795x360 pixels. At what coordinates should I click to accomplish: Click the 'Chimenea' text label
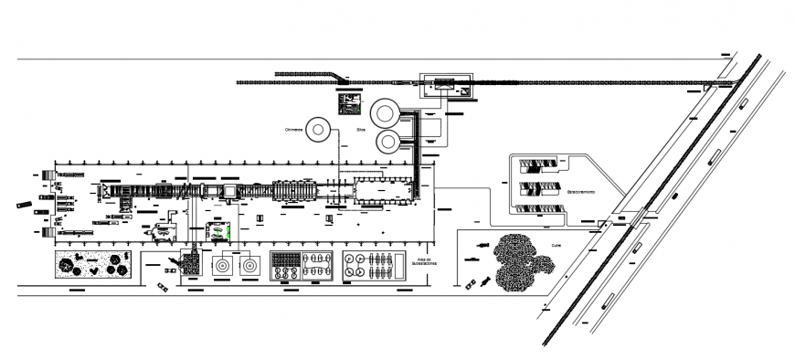coord(297,130)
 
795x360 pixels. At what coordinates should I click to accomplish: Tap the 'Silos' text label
coord(361,131)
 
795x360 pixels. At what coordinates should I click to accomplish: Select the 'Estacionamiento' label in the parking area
coord(581,192)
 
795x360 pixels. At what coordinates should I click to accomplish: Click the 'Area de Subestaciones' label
coord(423,261)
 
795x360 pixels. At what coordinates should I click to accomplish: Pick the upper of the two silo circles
coord(384,113)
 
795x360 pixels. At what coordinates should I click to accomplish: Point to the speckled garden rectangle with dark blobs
coord(95,265)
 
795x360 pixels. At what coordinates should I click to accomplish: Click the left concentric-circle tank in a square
coord(222,266)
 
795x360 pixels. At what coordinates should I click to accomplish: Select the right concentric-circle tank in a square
coord(248,266)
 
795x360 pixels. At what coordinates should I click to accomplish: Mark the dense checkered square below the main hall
coord(192,265)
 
